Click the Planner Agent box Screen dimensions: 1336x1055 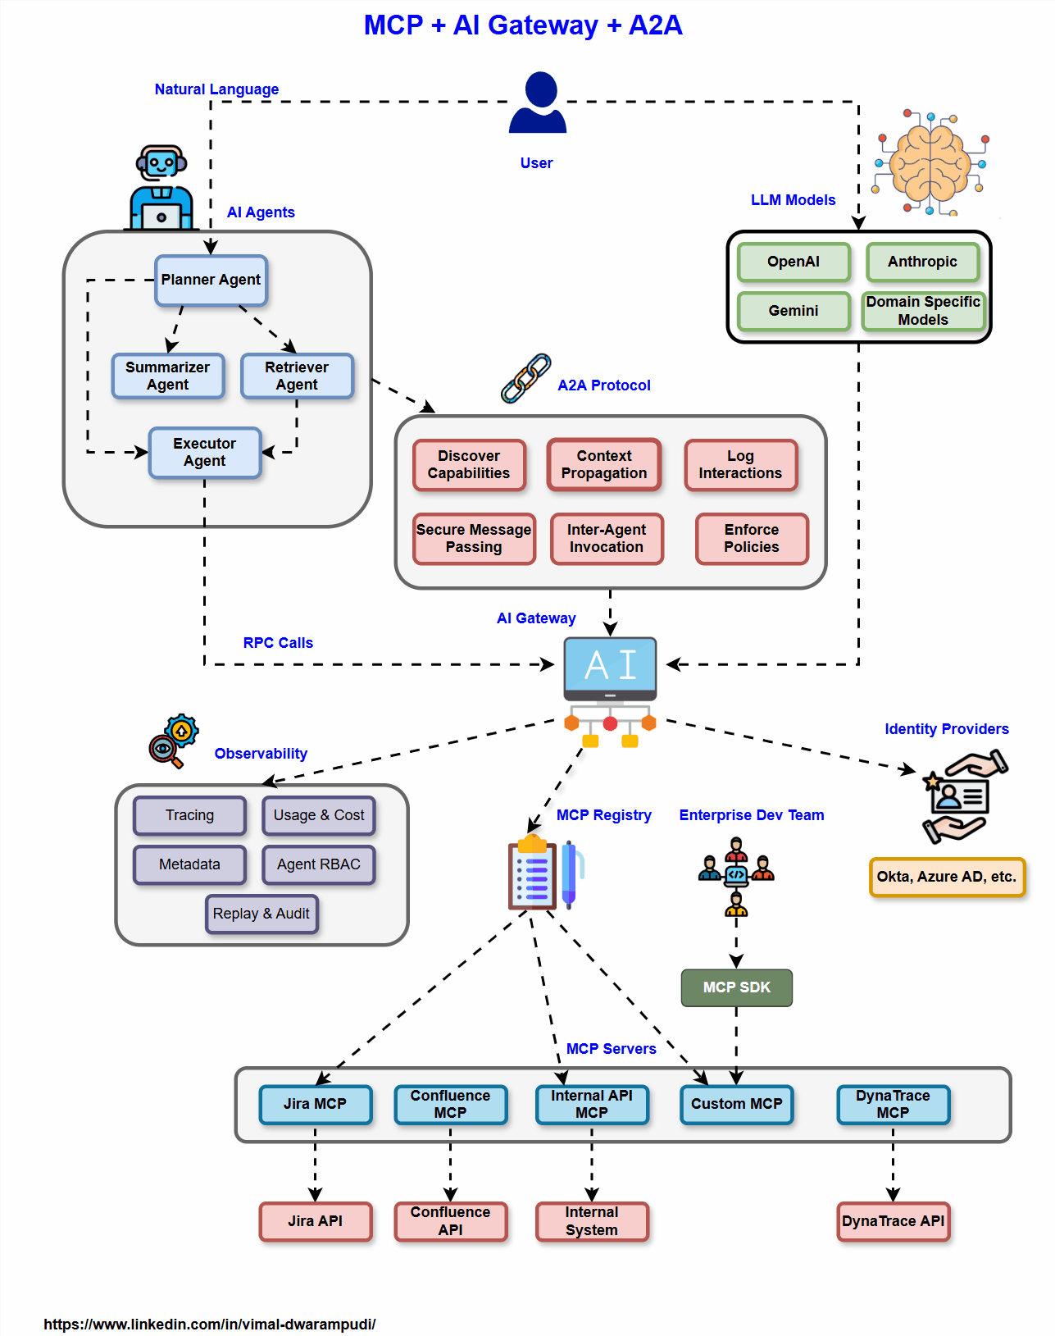point(211,280)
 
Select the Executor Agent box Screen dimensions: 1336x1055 point(205,453)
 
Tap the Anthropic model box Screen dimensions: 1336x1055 point(922,262)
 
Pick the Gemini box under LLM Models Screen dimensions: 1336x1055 point(793,311)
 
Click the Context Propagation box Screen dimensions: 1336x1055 point(604,464)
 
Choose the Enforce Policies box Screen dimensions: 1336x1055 point(752,539)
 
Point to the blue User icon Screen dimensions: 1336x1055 point(538,103)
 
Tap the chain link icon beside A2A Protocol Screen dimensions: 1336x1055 point(525,379)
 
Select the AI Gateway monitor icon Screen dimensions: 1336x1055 point(610,668)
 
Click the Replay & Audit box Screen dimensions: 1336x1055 point(261,914)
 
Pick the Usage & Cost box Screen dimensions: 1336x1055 point(319,815)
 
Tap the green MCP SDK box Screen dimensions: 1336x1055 point(736,987)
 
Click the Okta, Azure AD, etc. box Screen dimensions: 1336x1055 point(947,877)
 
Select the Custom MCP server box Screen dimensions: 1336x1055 point(736,1104)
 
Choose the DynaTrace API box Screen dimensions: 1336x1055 point(893,1221)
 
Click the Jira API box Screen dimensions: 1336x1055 point(315,1221)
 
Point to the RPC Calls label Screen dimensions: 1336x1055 point(278,643)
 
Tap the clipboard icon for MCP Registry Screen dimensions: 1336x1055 point(532,873)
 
